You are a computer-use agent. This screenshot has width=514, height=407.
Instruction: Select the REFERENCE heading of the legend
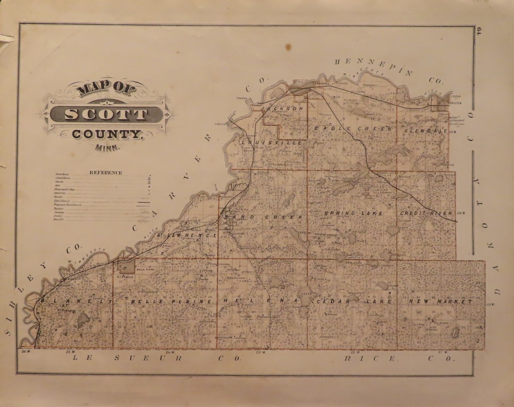(x=106, y=172)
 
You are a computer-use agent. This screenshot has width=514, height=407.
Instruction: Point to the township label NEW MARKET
(x=441, y=302)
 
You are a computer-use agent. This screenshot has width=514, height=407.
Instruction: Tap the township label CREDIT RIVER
(x=426, y=213)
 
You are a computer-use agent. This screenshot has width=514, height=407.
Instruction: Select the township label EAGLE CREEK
(x=353, y=129)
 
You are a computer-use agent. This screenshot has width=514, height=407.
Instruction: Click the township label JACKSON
(x=284, y=108)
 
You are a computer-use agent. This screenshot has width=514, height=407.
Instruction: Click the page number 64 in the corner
(x=479, y=33)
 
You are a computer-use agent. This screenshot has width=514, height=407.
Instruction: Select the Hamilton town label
(x=455, y=103)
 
